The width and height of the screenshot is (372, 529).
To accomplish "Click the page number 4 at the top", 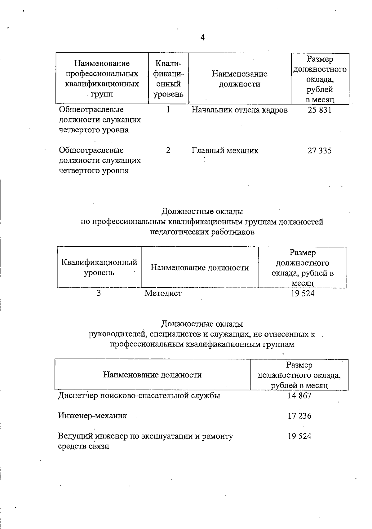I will [x=202, y=38].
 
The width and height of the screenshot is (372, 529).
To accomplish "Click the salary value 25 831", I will [x=320, y=110].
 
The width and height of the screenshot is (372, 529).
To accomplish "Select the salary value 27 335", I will [x=320, y=151].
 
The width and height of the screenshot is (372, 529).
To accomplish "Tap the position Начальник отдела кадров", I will [x=239, y=110].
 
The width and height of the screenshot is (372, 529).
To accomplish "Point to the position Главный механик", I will [x=225, y=151].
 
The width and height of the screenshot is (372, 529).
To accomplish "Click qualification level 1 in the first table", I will [x=168, y=110].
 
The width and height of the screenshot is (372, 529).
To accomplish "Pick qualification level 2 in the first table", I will [x=168, y=150].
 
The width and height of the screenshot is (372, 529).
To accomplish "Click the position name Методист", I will [x=163, y=293].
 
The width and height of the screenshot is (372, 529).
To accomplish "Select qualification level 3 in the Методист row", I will [x=99, y=293].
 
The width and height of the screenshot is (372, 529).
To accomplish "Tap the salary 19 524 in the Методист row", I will [x=303, y=293].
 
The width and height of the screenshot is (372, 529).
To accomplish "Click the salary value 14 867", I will [x=299, y=395].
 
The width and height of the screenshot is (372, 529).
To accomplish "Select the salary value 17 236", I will [x=299, y=416].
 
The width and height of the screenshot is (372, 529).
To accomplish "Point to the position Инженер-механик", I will [x=92, y=416].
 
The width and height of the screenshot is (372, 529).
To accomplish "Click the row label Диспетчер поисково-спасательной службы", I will [x=139, y=396].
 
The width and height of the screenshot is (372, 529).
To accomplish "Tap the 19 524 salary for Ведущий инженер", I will [x=299, y=436].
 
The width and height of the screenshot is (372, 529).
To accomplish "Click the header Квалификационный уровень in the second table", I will [x=99, y=267].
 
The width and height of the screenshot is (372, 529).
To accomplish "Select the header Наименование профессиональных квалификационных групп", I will [x=102, y=79].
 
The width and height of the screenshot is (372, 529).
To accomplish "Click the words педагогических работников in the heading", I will [x=202, y=232].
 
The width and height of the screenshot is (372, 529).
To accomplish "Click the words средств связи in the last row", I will [x=84, y=447].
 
